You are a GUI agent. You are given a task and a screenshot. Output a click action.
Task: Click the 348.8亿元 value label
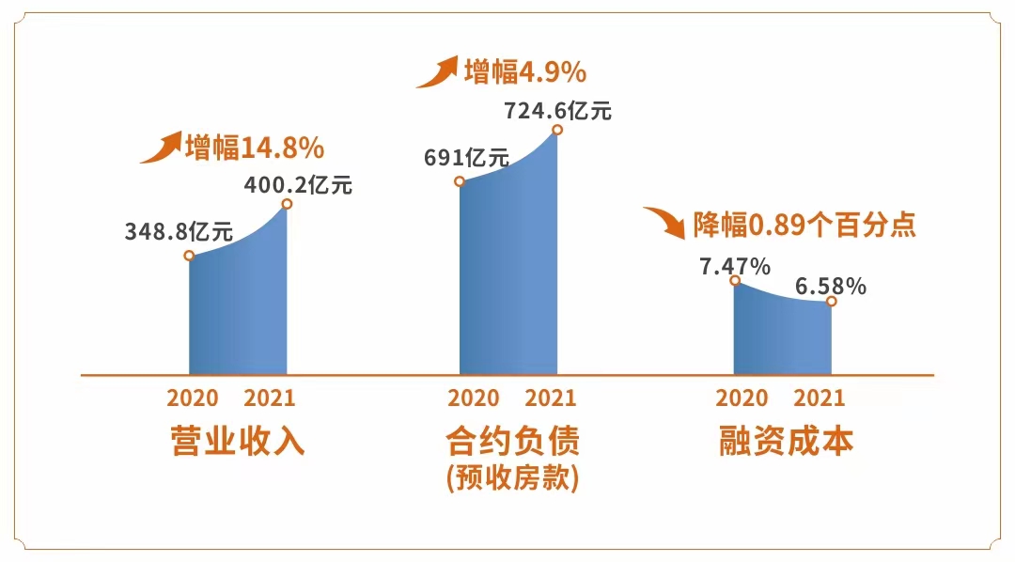[180, 231]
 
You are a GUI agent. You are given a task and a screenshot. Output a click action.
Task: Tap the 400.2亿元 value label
[298, 185]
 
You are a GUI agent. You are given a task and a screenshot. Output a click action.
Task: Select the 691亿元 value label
[466, 157]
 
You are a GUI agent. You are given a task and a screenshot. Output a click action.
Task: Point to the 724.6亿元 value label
[558, 111]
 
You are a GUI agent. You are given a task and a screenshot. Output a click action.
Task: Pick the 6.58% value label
[831, 287]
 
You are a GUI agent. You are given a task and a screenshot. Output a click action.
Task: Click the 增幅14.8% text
[255, 148]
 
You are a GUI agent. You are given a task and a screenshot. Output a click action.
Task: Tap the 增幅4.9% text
[525, 71]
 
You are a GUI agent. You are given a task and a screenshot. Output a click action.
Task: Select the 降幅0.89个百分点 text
[804, 226]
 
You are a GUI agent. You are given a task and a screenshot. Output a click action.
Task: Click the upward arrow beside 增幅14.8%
[161, 148]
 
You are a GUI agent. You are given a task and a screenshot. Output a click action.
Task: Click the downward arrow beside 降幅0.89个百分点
[666, 222]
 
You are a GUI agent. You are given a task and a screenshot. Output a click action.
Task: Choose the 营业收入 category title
[238, 441]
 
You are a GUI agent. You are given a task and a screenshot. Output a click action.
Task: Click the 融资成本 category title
[787, 441]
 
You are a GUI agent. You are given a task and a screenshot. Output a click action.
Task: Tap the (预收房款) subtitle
[512, 477]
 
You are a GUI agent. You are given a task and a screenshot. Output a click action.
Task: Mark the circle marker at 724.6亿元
[557, 130]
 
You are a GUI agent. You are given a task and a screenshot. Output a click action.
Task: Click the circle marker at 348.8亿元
[189, 255]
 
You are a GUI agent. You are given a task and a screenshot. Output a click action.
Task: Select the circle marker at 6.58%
[832, 302]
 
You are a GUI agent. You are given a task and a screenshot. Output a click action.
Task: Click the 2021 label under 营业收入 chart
[270, 398]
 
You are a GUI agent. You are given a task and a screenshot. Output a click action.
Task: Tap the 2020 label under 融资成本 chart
[742, 398]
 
